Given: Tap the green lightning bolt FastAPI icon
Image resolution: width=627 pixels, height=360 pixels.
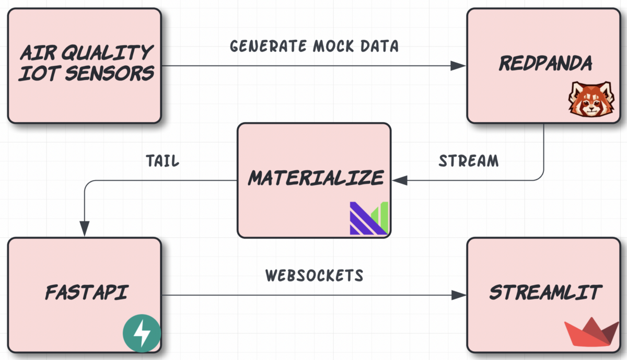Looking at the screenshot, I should click(x=142, y=334).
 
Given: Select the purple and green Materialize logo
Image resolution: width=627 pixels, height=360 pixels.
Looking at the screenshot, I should click(x=369, y=217).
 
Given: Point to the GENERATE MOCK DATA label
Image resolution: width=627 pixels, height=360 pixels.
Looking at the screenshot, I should click(x=314, y=46).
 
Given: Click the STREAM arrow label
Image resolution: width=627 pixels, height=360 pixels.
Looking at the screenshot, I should click(x=468, y=160).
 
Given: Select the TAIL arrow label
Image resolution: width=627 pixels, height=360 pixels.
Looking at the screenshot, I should click(x=162, y=160).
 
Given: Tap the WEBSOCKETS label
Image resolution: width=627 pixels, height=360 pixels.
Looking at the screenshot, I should click(x=314, y=275).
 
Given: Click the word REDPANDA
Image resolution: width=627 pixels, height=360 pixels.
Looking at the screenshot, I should click(x=545, y=64).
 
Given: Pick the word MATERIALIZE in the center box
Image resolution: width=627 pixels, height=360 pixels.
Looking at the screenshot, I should click(x=316, y=178).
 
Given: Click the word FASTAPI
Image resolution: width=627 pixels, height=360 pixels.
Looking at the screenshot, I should click(x=86, y=293).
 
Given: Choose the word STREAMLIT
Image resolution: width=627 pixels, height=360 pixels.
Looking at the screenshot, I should click(x=545, y=293).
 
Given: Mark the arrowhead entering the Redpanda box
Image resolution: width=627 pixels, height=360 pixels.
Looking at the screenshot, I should click(x=459, y=66).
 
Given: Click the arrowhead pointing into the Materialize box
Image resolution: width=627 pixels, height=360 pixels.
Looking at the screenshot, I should click(x=400, y=180).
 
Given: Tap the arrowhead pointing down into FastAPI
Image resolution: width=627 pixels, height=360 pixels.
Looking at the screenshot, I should click(x=85, y=229).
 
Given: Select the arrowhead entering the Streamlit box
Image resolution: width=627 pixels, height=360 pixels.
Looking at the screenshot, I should click(x=459, y=295).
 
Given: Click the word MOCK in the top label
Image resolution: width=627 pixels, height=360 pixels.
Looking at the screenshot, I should click(x=336, y=46).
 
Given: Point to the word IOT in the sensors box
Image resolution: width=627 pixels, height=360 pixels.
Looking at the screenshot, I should click(x=37, y=74).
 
